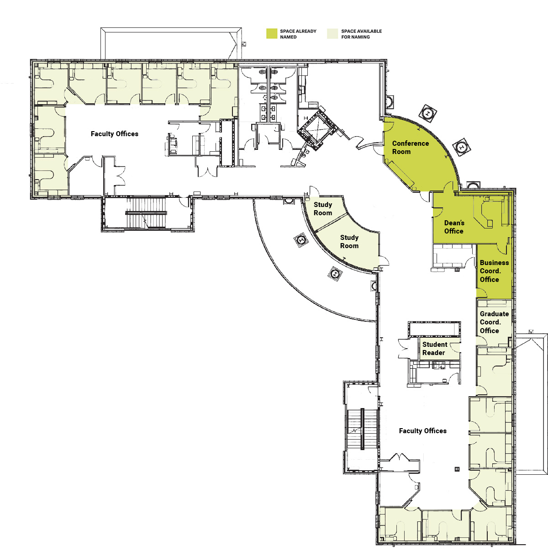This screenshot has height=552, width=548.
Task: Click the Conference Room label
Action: pos(410,148)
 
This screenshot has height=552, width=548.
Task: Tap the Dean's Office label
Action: pos(454,227)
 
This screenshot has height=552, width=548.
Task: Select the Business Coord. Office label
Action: pos(494,271)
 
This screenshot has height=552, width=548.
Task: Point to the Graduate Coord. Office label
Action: pos(494,322)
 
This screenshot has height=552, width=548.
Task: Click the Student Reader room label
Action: pos(435,349)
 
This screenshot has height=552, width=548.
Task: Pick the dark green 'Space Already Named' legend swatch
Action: pos(272,33)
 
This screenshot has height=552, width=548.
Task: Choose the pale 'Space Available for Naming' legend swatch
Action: pos(332,33)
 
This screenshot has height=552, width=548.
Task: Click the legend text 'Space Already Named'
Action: pos(298,34)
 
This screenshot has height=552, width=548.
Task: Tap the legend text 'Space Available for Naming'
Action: pos(361,34)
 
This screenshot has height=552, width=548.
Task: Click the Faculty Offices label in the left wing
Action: pos(115,134)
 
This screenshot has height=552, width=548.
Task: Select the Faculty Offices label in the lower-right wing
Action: pos(422,431)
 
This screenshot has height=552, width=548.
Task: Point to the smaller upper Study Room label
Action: pos(323,209)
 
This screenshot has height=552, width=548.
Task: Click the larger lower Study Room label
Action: pos(349,242)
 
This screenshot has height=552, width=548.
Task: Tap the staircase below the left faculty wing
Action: pos(146,213)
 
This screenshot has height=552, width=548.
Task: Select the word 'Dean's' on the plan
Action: pos(454,223)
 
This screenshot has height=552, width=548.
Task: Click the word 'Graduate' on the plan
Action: pos(494,314)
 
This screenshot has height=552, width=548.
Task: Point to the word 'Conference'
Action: pos(410,143)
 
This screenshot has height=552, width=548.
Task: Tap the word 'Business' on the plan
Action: pos(494,263)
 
